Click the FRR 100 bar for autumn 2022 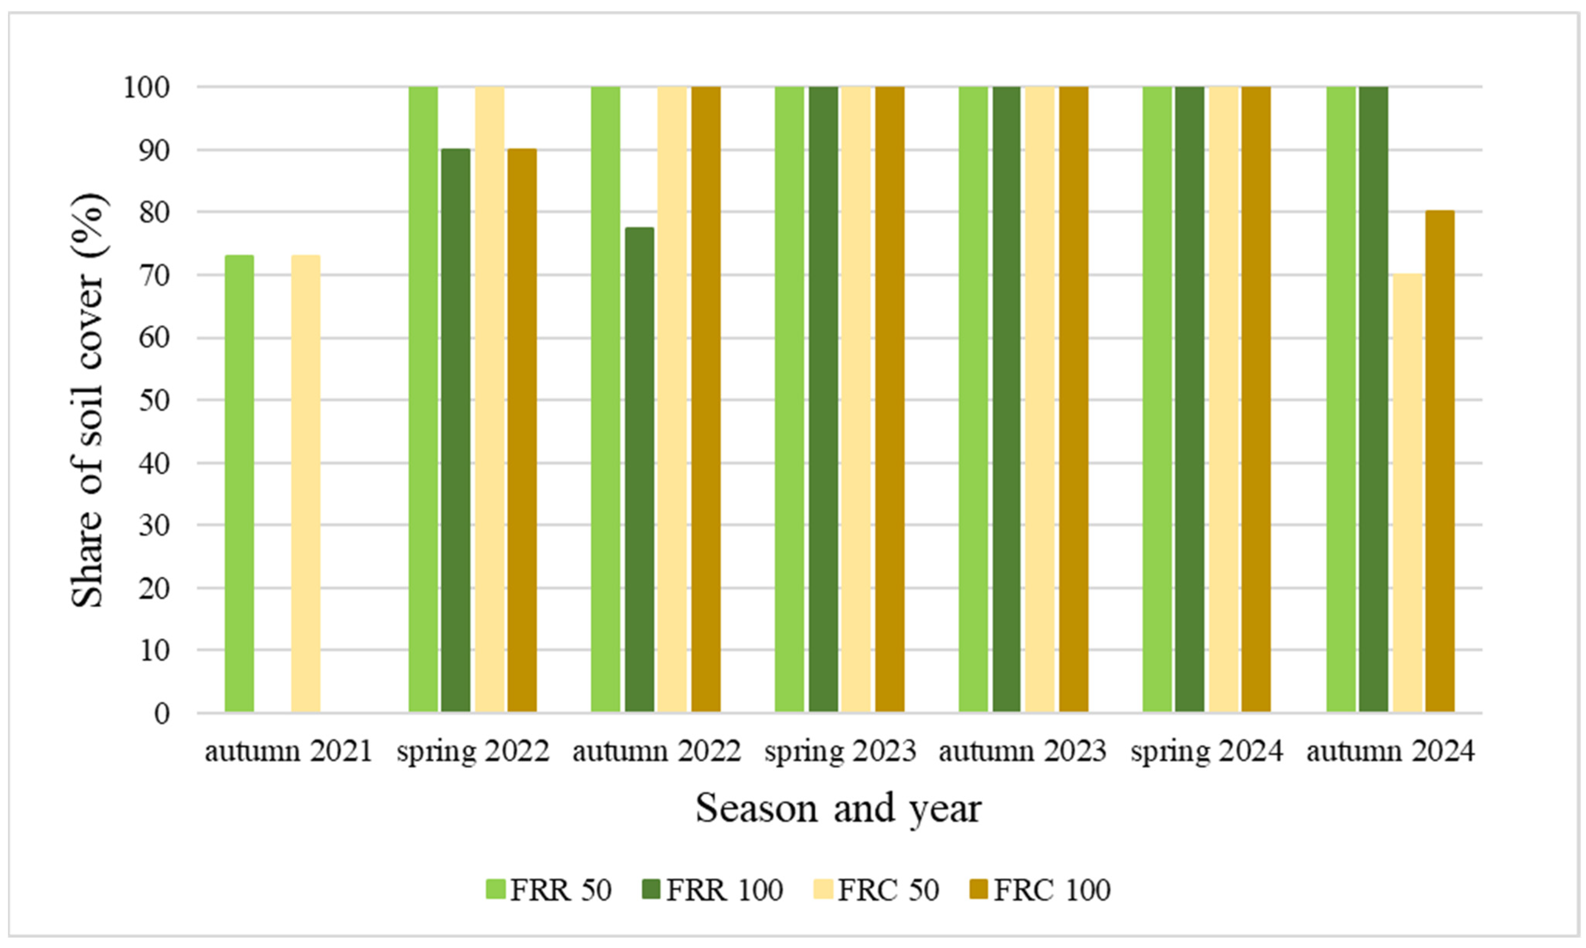click(x=639, y=470)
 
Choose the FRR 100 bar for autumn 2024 click(x=1374, y=399)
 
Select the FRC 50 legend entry click(x=876, y=890)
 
